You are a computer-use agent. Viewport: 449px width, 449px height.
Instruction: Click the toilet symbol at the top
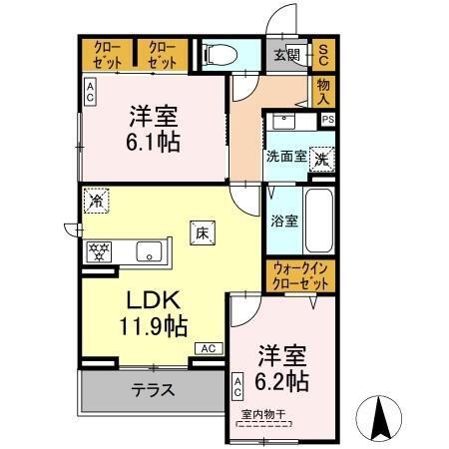pyautogui.click(x=217, y=55)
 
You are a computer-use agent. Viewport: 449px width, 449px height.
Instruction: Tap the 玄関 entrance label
pyautogui.click(x=287, y=55)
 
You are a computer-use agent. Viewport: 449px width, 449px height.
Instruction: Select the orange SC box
pyautogui.click(x=324, y=55)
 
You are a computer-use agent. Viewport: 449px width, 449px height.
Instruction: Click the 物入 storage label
pyautogui.click(x=324, y=92)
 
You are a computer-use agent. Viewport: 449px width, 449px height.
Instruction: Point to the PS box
pyautogui.click(x=327, y=119)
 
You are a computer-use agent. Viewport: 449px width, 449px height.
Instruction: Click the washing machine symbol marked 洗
pyautogui.click(x=322, y=158)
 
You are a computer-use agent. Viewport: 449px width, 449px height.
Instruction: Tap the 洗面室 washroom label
pyautogui.click(x=285, y=157)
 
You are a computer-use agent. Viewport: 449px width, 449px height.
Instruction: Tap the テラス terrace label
pyautogui.click(x=153, y=388)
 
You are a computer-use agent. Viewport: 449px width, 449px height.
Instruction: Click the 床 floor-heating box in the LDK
pyautogui.click(x=201, y=232)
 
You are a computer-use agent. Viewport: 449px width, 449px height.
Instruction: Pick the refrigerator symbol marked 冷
pyautogui.click(x=97, y=200)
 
